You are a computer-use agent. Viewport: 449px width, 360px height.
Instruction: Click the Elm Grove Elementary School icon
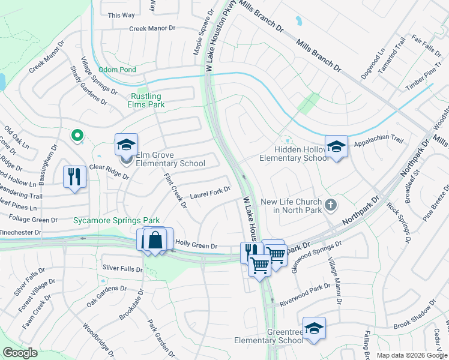(x=127, y=145)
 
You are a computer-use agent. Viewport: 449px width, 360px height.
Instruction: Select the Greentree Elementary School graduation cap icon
(x=314, y=328)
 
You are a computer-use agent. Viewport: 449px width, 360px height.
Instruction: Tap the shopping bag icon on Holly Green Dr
(x=155, y=240)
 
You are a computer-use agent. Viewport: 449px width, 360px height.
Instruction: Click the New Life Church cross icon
(x=330, y=206)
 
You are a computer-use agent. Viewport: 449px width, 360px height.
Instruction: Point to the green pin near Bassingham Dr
(x=77, y=137)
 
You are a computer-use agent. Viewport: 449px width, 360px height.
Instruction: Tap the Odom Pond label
(x=117, y=70)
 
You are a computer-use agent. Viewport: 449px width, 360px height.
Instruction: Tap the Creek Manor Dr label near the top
(x=152, y=28)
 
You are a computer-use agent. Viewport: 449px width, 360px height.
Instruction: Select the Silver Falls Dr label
(x=122, y=268)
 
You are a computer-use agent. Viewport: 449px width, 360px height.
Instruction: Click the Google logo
(x=20, y=353)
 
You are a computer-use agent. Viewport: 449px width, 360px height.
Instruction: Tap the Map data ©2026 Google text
(x=412, y=355)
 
